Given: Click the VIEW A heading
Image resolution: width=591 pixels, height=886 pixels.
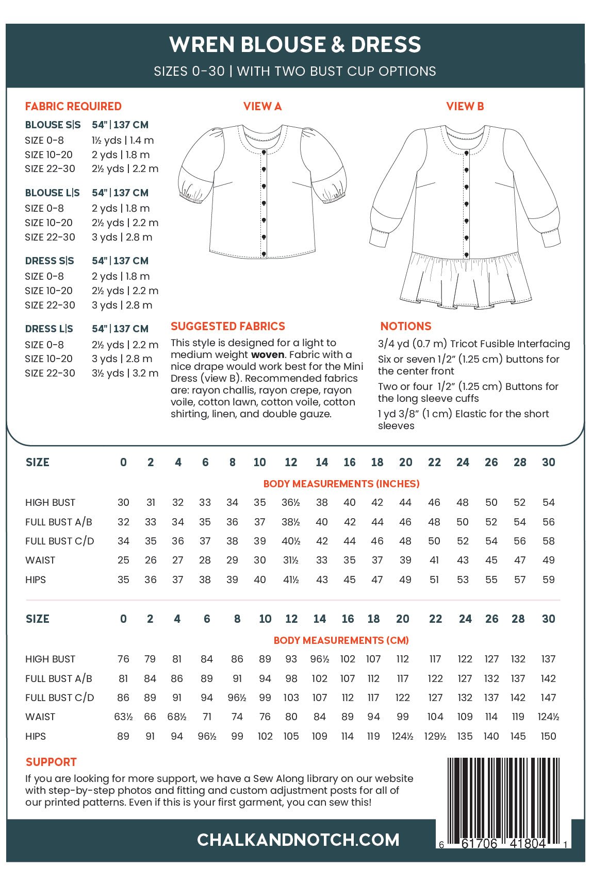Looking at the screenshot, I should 262,106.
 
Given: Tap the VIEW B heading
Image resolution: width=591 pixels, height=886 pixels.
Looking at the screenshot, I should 465,106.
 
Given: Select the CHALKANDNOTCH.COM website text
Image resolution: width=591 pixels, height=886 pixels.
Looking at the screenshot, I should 298,840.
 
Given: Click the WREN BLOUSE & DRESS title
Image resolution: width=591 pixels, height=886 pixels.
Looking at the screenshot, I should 295,45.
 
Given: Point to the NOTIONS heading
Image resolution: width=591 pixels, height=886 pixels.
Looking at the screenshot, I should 405,326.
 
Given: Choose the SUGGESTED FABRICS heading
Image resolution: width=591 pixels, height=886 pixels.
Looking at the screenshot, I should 227,326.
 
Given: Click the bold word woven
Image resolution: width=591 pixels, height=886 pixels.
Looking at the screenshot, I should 267,354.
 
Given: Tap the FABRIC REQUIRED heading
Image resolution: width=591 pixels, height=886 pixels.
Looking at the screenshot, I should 73,106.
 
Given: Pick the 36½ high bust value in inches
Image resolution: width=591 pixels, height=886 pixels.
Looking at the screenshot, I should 291,502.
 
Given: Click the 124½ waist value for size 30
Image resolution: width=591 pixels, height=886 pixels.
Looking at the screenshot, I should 548,717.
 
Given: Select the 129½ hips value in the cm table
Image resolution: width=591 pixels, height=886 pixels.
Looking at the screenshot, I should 435,736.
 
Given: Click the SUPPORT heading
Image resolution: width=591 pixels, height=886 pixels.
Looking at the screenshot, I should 51,762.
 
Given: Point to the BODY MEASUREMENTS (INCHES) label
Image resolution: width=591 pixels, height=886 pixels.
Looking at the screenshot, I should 341,484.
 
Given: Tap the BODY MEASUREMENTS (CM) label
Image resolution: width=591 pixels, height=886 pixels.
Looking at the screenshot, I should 341,640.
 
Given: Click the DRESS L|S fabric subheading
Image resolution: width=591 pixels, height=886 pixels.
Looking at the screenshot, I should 50,329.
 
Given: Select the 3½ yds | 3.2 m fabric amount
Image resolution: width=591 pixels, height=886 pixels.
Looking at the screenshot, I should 125,373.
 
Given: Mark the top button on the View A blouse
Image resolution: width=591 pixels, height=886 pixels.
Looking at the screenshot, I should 264,152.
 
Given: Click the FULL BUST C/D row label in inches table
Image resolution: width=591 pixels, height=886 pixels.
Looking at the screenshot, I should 59,541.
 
